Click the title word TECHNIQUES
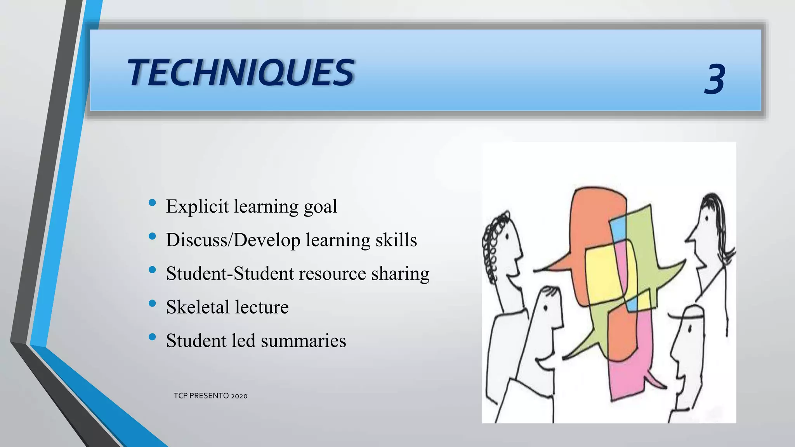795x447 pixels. click(x=241, y=73)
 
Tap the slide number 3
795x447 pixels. click(x=714, y=80)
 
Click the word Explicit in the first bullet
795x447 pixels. click(x=197, y=206)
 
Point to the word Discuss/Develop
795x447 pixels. click(x=233, y=240)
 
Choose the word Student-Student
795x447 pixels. click(x=230, y=274)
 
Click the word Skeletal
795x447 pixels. click(x=198, y=307)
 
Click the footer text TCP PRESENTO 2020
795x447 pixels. click(x=210, y=396)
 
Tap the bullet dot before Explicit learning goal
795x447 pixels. click(x=152, y=203)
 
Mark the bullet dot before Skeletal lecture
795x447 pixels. click(x=152, y=303)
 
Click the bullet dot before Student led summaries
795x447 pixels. click(x=152, y=337)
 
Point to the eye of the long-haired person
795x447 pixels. click(x=706, y=218)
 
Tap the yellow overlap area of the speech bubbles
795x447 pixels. click(x=604, y=272)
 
